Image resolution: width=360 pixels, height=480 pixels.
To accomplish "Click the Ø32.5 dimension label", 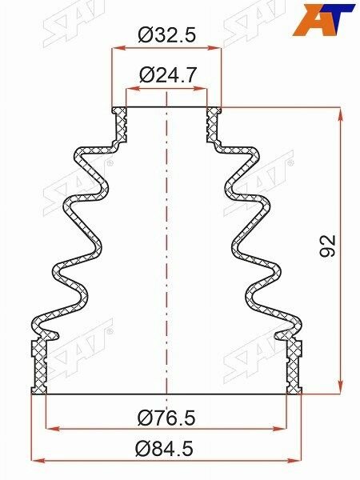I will (x=166, y=35).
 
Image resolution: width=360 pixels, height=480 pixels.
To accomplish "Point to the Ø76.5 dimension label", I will (x=166, y=418).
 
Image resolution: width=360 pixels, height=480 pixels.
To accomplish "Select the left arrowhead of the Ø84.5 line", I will (x=35, y=461).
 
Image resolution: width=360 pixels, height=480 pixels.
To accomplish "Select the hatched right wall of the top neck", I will (x=213, y=124).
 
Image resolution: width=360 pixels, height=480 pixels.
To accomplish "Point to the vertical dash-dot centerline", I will (x=166, y=240).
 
